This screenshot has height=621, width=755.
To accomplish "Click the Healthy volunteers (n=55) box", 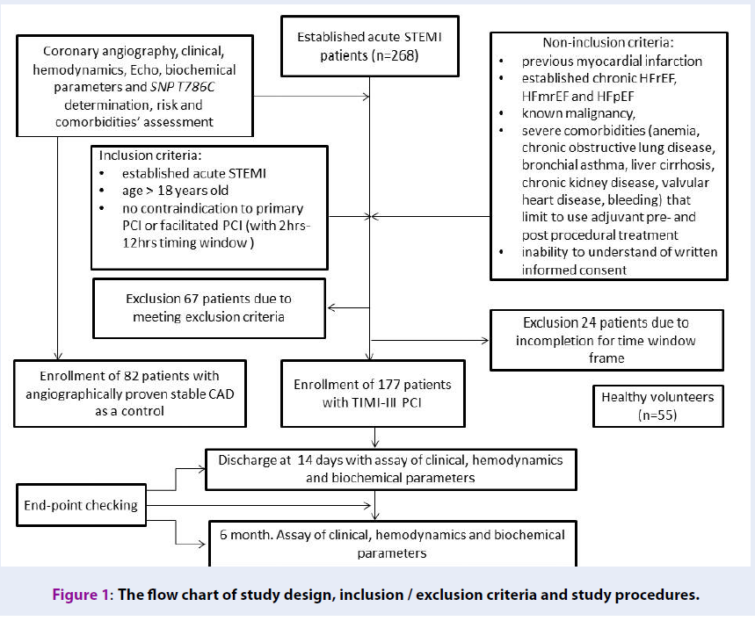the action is (x=657, y=406).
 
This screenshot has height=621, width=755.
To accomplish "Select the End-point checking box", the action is (x=81, y=505).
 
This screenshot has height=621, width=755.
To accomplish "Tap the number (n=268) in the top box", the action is (x=395, y=56).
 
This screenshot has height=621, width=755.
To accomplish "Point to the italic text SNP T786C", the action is (x=183, y=87).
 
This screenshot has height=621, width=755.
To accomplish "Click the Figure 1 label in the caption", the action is (x=81, y=595).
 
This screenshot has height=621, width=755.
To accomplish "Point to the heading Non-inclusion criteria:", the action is (x=608, y=43).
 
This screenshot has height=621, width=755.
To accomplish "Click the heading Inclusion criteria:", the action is (x=150, y=155).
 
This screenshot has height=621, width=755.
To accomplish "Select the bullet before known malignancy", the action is (x=501, y=114).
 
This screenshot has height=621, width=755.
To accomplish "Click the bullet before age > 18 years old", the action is (x=102, y=191).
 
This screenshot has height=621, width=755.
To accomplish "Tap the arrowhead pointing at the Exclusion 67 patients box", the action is (x=331, y=307).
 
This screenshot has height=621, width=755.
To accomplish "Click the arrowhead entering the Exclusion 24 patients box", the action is (x=485, y=341).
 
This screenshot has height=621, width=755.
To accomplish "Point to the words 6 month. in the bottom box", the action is (x=246, y=535).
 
